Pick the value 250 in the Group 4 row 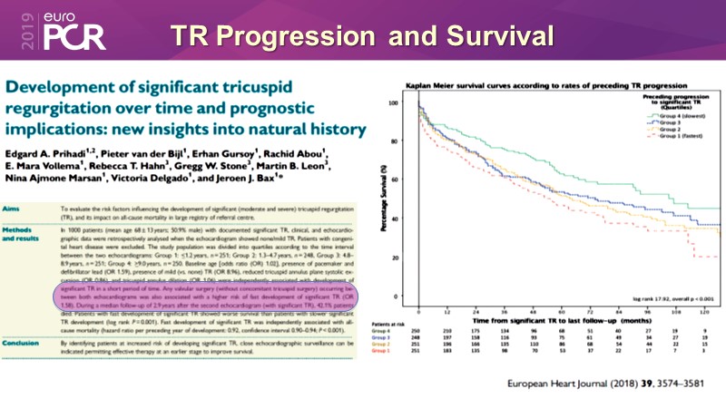pyautogui.click(x=420, y=331)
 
